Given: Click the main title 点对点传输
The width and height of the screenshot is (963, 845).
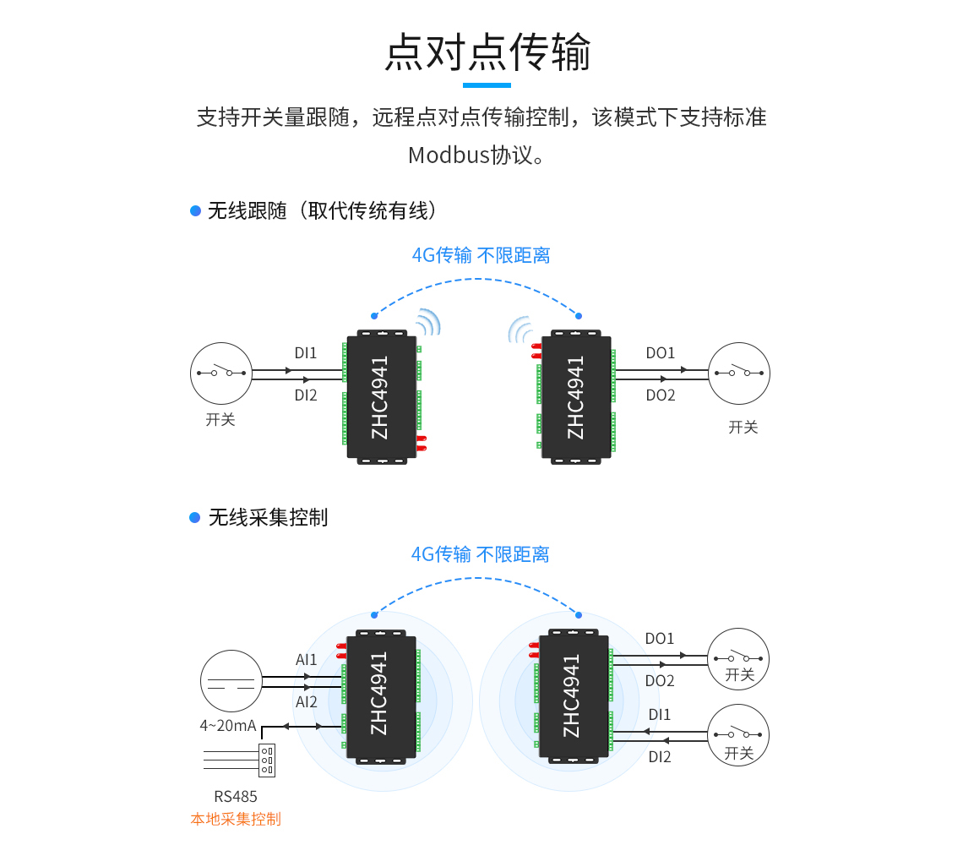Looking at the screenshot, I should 487,52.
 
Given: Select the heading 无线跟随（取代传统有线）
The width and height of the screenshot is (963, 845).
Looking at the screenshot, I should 322,210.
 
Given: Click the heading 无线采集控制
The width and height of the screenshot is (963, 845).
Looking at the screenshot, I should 268,517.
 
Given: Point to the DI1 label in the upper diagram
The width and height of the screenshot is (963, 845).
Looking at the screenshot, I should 306,353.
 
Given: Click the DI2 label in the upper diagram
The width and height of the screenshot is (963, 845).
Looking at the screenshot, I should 306,395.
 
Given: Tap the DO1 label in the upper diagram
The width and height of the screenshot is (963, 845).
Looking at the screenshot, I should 660,353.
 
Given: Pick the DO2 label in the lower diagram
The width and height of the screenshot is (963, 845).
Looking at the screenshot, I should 660,681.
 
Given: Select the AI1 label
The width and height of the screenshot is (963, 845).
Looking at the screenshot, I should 307,660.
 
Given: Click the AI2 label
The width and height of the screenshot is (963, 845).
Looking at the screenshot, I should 307,702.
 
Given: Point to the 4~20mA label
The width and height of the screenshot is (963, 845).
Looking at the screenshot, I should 228,725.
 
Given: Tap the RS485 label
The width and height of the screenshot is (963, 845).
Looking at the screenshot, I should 236,796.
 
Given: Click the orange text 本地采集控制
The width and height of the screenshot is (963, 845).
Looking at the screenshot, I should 236,819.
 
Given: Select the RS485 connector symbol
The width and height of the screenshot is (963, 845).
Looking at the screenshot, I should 267,760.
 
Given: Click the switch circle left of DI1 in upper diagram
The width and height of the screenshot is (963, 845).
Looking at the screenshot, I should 221,373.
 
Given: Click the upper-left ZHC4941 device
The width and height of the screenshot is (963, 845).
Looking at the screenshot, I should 383,396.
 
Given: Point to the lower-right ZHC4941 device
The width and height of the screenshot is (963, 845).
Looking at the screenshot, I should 574,695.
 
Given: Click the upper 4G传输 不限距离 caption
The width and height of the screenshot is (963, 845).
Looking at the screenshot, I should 481,255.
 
